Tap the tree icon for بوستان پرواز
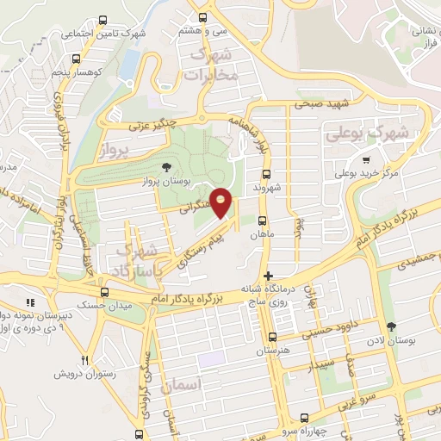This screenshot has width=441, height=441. [166, 167]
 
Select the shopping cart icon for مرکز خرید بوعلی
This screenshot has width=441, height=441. [366, 159]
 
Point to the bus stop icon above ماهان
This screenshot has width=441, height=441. [260, 220]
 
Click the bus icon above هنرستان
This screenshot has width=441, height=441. [273, 338]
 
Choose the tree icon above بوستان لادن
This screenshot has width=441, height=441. [392, 326]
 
